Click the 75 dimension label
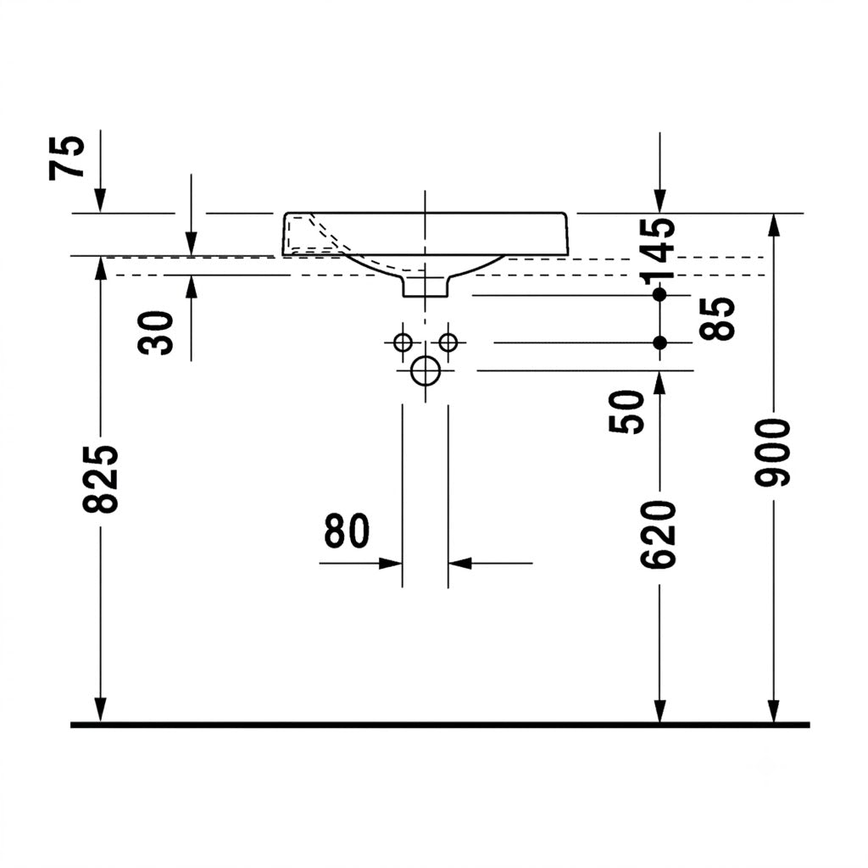coord(67,157)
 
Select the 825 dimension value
coord(101,478)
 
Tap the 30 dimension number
coord(156,332)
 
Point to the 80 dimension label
coord(347,531)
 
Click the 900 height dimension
coord(773,453)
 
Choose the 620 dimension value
coord(658,534)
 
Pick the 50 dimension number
coord(627,412)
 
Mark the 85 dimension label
coord(717,319)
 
